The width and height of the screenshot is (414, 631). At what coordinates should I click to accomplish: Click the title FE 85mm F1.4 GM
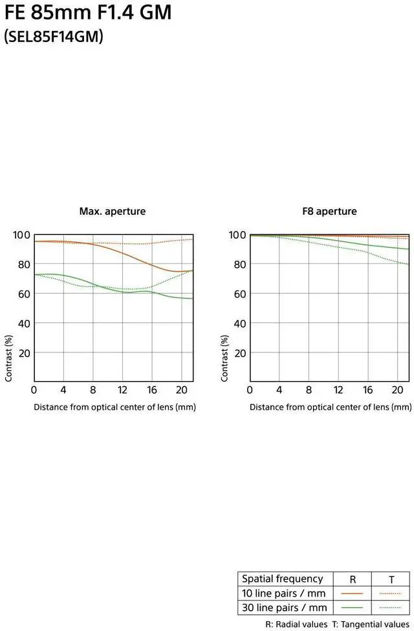click(x=88, y=11)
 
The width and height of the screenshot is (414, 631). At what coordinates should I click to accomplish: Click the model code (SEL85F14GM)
click(x=54, y=37)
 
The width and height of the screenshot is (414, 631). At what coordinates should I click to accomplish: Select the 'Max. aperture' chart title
click(x=113, y=211)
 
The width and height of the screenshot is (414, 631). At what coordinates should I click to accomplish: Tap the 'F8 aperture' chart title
click(x=329, y=211)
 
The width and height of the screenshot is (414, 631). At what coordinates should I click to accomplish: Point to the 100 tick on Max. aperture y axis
click(x=21, y=235)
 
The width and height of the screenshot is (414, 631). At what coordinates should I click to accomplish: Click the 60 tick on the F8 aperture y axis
click(x=237, y=294)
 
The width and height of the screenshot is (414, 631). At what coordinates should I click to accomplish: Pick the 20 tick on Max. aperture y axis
click(x=24, y=353)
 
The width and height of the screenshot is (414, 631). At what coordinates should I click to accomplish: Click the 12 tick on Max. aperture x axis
click(x=122, y=390)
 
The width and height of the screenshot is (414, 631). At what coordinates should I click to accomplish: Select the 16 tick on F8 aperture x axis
click(x=367, y=390)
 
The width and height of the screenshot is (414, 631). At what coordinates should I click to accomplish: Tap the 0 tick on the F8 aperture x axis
click(x=250, y=390)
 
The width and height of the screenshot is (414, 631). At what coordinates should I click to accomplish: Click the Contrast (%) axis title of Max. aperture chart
click(x=9, y=358)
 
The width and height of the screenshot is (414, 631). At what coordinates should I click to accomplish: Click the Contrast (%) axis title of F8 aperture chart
click(x=225, y=358)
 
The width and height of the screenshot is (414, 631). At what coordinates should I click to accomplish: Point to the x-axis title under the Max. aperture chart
click(x=114, y=407)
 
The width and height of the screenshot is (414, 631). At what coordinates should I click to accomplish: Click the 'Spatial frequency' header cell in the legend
click(x=282, y=579)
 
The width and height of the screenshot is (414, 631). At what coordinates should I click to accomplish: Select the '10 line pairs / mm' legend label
click(x=283, y=593)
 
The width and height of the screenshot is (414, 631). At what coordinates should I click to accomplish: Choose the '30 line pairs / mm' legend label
click(x=283, y=608)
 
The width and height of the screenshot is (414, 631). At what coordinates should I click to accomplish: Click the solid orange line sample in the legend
click(x=352, y=593)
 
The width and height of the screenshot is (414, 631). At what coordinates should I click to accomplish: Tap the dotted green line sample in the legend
click(x=391, y=608)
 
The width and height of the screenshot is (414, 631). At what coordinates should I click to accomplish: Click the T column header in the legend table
click(x=391, y=579)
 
